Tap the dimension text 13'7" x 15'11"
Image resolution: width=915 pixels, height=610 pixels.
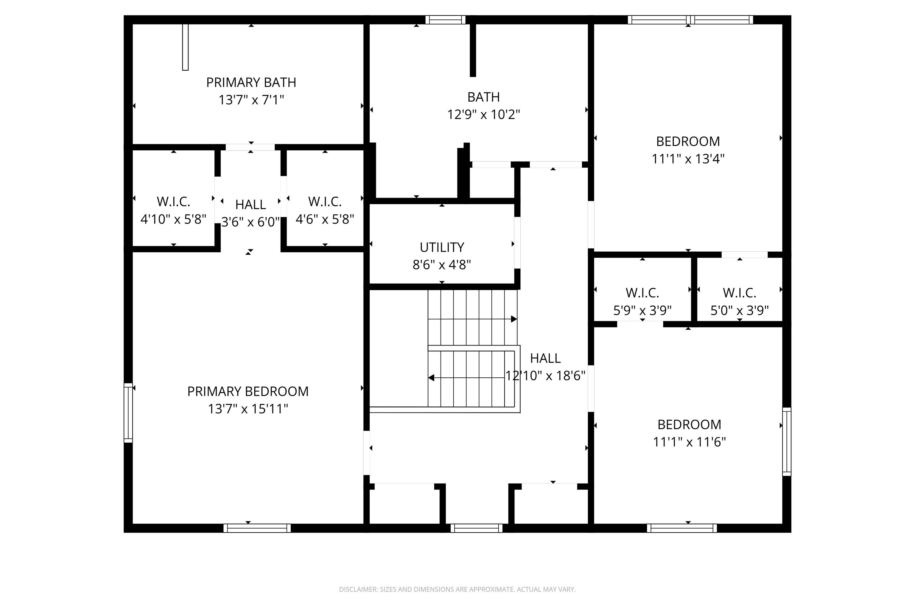click(248, 409)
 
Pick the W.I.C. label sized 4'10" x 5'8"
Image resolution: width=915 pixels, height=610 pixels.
click(174, 202)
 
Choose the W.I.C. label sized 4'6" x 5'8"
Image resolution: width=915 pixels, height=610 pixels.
click(325, 202)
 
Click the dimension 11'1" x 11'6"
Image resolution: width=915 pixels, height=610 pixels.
click(689, 442)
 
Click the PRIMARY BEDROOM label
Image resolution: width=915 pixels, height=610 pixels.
click(248, 391)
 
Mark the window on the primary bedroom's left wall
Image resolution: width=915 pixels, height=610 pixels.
click(128, 413)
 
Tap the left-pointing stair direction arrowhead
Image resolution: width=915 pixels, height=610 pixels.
click(431, 378)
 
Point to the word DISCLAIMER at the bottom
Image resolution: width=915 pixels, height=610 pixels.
click(358, 589)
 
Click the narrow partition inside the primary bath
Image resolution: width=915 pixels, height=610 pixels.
click(185, 47)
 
